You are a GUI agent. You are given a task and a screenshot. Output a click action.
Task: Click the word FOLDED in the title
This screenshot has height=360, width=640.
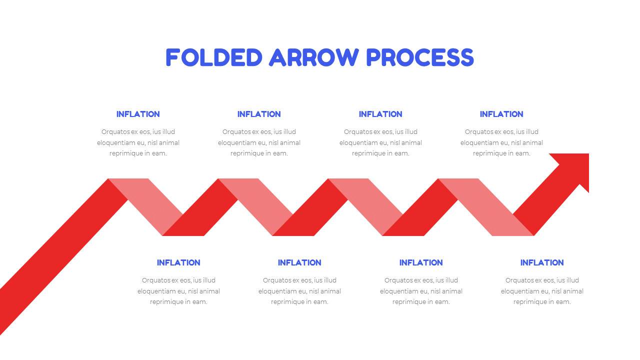click(x=213, y=57)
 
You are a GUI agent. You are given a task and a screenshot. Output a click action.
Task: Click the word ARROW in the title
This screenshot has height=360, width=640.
click(x=313, y=57)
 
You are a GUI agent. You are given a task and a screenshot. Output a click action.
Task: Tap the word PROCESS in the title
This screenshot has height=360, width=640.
click(x=420, y=57)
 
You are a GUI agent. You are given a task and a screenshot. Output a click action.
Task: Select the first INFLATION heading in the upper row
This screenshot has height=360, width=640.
click(x=138, y=114)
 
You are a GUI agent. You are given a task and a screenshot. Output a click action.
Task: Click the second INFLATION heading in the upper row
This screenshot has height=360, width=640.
click(x=259, y=114)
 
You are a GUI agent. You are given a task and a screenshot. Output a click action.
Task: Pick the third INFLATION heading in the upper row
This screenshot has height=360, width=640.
click(x=380, y=114)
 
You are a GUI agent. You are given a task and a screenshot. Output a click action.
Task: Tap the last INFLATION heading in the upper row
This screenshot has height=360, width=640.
click(x=501, y=114)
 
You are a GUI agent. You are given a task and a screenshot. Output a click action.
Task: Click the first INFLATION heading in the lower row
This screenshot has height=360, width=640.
click(x=178, y=262)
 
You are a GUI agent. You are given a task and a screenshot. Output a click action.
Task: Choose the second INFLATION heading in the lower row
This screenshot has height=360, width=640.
click(x=299, y=262)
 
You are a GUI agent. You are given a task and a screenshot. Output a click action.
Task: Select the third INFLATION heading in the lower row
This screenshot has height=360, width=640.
click(x=421, y=262)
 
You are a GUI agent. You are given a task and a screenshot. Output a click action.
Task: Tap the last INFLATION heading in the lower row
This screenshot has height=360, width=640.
click(x=542, y=262)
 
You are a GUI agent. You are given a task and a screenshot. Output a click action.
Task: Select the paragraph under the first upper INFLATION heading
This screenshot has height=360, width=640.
click(x=138, y=142)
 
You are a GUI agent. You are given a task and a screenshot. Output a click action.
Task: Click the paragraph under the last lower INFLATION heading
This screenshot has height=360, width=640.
click(x=542, y=291)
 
